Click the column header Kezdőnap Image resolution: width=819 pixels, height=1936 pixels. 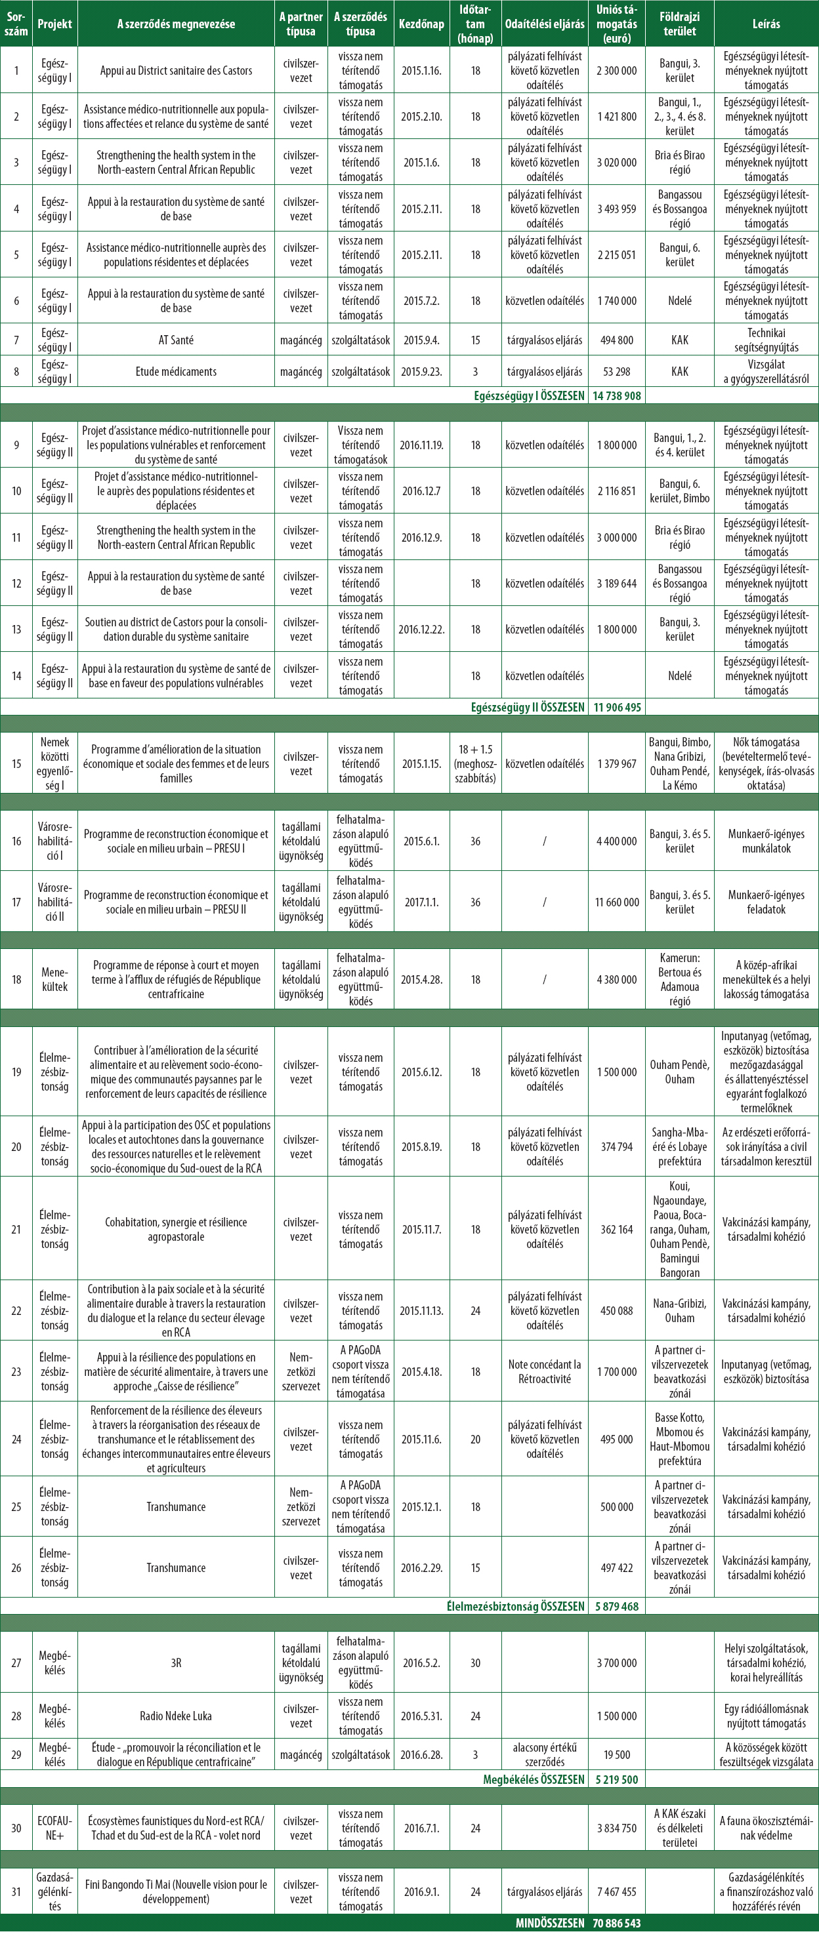pos(422,24)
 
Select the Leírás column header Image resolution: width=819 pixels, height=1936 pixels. pos(766,24)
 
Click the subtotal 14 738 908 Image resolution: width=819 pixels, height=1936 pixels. pos(617,395)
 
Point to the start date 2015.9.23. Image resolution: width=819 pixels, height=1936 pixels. pos(422,371)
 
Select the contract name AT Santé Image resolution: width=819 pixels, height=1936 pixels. pos(176,340)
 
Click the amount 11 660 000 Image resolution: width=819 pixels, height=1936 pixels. pos(617,902)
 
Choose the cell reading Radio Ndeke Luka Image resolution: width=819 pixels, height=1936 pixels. pos(176,1716)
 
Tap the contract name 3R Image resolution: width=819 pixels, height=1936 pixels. pos(176,1663)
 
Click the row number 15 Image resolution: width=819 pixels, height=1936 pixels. pos(16,763)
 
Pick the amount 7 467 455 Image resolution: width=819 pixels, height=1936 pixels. pos(617,1891)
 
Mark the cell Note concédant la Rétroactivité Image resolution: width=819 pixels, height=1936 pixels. pos(545,1371)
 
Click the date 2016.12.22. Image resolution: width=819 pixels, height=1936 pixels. pos(422,629)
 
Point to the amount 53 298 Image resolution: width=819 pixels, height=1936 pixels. pos(617,371)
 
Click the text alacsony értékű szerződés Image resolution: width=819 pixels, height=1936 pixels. pos(545,1755)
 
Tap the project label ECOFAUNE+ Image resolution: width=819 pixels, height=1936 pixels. pos(55,1828)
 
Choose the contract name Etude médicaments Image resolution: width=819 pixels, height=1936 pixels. pos(176,371)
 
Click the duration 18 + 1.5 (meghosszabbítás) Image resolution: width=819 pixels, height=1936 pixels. pos(475,763)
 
